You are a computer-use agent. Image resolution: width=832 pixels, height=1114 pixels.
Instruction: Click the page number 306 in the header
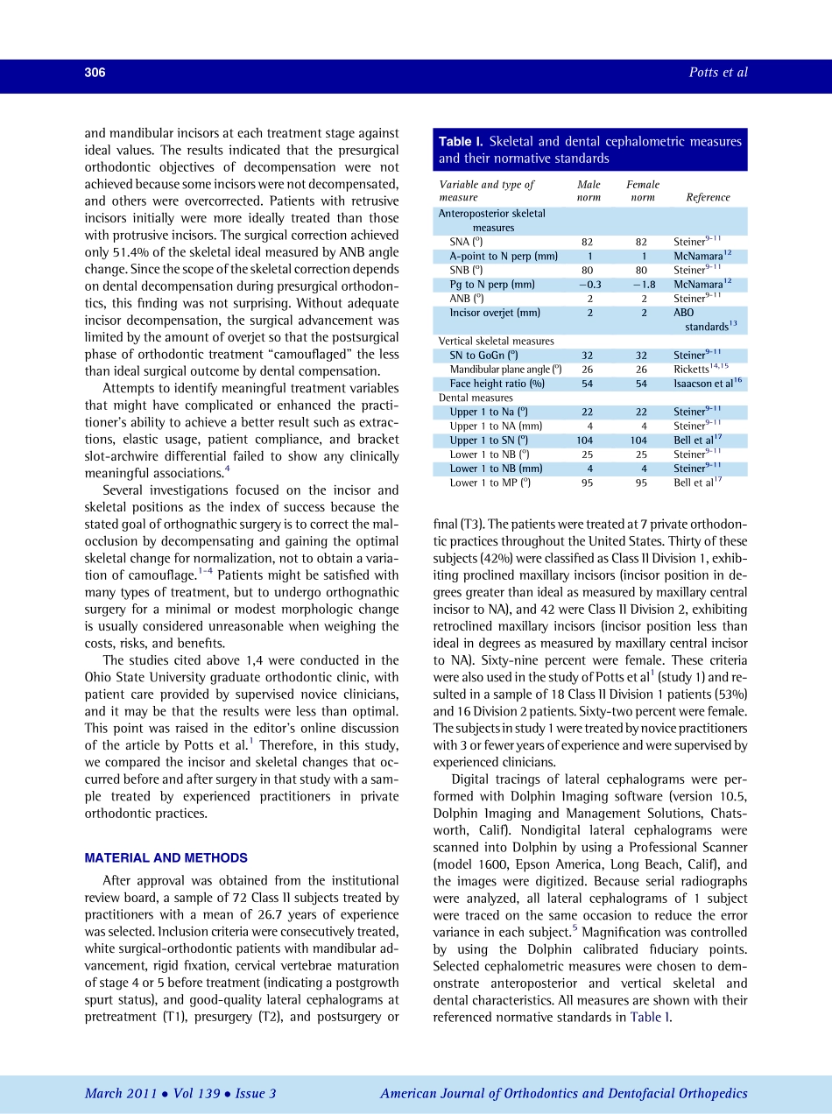(95, 73)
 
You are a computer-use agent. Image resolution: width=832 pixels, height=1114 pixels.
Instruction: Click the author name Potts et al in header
(718, 73)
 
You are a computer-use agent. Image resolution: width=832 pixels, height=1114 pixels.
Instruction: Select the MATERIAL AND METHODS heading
(166, 858)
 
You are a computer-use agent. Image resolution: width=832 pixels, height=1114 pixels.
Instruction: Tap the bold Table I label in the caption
(461, 142)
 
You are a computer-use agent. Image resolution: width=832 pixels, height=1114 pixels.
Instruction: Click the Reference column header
(708, 198)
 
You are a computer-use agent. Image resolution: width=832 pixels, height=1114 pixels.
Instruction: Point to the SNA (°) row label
(466, 242)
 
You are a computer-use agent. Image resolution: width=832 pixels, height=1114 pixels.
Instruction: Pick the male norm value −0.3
(589, 285)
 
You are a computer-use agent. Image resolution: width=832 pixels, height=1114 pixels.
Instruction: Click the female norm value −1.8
(643, 285)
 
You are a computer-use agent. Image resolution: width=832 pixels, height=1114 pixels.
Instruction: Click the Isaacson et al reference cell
(708, 384)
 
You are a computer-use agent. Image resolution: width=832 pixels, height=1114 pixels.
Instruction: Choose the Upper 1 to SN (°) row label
(490, 441)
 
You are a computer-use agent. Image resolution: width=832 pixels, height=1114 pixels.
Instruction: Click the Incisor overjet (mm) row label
(495, 313)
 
